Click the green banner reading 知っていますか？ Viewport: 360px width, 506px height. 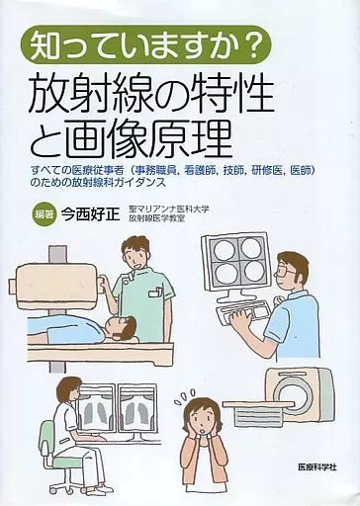(x=145, y=45)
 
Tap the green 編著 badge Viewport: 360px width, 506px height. (x=45, y=215)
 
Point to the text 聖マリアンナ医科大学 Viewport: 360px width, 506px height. (x=169, y=210)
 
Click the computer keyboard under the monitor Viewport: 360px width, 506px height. (x=244, y=314)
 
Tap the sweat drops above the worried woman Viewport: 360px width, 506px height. (x=185, y=394)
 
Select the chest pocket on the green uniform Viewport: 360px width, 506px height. (x=155, y=294)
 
